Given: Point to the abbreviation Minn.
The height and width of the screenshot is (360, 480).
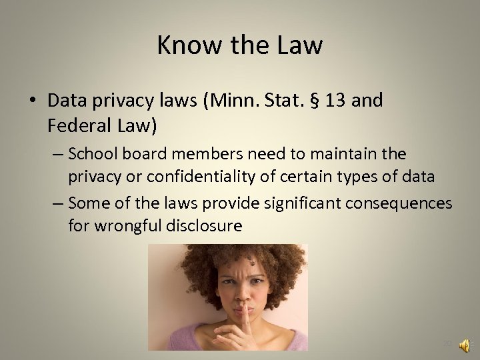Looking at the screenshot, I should (x=227, y=101).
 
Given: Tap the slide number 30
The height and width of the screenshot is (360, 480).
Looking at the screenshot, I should (x=447, y=345).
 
